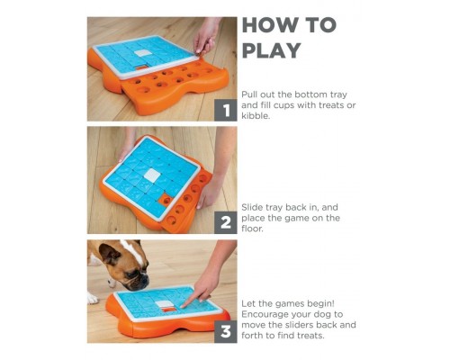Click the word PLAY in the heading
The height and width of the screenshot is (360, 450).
coord(272,50)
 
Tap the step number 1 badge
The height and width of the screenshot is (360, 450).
coord(226,110)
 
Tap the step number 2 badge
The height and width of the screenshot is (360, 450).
coord(226,222)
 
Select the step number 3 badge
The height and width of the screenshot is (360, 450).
coord(226,332)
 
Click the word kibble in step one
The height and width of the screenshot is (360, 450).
coord(256,116)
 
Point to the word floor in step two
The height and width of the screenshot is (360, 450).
coord(252,229)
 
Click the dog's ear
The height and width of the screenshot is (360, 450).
coord(109,253)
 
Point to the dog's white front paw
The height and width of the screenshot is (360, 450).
coord(92,299)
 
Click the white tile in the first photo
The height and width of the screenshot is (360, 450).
coord(141,53)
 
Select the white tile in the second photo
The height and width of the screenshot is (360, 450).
coord(153,175)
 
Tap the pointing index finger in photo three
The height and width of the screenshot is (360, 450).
coord(190,301)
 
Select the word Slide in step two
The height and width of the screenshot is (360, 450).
coord(252,207)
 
